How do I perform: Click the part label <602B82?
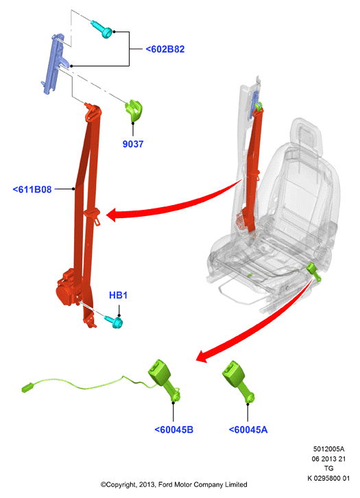pos(165,49)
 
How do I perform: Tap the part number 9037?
pos(133,144)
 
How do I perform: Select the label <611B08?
pos(32,189)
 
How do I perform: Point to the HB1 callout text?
pos(118,296)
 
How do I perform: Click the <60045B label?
pos(173,429)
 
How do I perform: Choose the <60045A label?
pos(248,429)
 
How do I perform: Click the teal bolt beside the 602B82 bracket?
pos(102,29)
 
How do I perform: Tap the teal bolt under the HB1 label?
pos(114,322)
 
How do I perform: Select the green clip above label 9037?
pos(134,110)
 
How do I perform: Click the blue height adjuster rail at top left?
pos(53,63)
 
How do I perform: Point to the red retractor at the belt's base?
pos(68,287)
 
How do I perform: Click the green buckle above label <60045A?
pos(238,381)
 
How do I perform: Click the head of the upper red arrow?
pos(113,215)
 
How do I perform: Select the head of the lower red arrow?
pos(203,356)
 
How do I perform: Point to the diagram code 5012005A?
pos(328,449)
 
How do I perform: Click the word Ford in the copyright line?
pos(165,485)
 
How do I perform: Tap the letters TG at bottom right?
pos(329,469)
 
